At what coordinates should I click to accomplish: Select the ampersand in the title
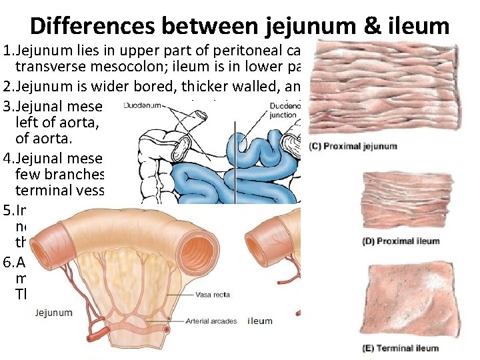[x=352, y=25]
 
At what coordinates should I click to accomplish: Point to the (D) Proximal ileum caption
[x=401, y=241]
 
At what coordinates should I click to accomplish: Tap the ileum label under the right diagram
[x=260, y=321]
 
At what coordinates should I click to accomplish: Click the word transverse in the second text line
[x=53, y=67]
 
